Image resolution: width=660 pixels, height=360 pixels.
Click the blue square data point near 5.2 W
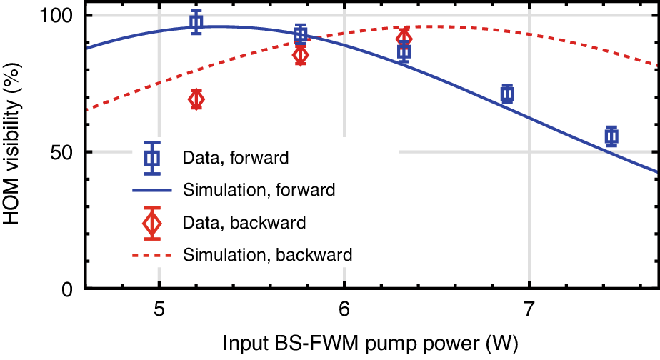click(x=196, y=22)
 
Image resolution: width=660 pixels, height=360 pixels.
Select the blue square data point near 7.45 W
click(x=611, y=136)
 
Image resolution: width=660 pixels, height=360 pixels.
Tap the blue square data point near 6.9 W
click(x=508, y=94)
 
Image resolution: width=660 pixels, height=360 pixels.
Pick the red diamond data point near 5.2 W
click(x=196, y=99)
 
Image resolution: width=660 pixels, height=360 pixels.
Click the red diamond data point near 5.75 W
click(x=301, y=55)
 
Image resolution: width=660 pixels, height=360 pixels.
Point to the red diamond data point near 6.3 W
click(x=404, y=37)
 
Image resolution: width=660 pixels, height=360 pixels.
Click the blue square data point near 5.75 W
click(x=301, y=34)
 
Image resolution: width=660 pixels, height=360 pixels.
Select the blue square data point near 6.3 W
click(x=404, y=51)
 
